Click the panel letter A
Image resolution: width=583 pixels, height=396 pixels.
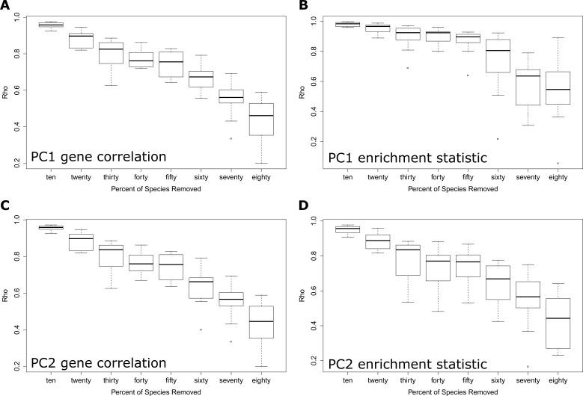coord(5,6)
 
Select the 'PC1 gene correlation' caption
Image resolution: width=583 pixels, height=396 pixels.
coord(97,156)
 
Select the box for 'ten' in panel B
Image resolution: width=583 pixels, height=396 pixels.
coord(347,24)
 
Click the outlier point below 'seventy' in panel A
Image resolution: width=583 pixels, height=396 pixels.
coord(231,138)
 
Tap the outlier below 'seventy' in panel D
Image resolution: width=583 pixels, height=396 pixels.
coord(527,366)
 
